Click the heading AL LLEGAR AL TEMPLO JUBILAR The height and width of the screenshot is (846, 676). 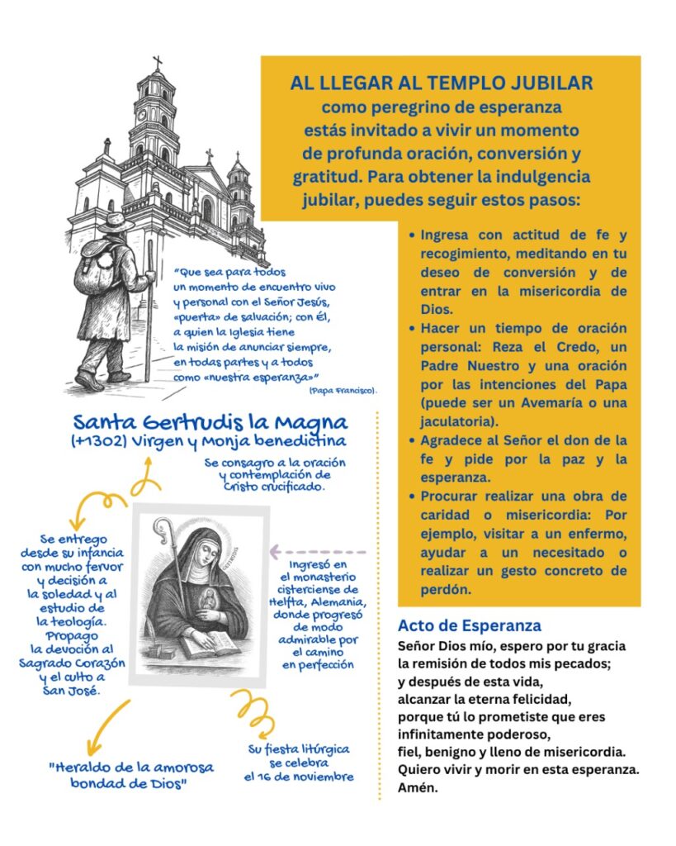click(x=441, y=83)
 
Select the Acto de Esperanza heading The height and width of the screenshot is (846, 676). click(x=469, y=625)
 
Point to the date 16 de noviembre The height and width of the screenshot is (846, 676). click(x=299, y=777)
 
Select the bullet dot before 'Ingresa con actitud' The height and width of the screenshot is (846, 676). click(x=412, y=235)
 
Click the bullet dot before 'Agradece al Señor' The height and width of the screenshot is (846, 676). click(x=412, y=440)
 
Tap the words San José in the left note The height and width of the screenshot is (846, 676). click(x=72, y=691)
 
